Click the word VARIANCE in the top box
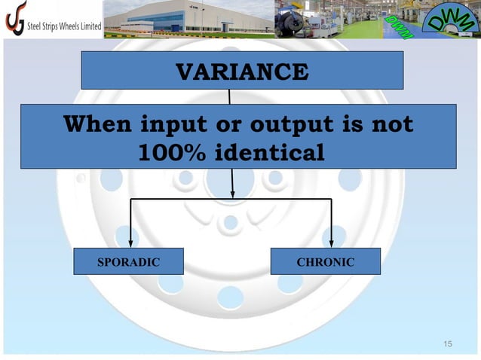(241, 72)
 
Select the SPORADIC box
(129, 262)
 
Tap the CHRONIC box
(325, 262)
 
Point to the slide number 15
(448, 344)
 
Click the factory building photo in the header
(188, 19)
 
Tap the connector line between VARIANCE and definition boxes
(229, 96)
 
